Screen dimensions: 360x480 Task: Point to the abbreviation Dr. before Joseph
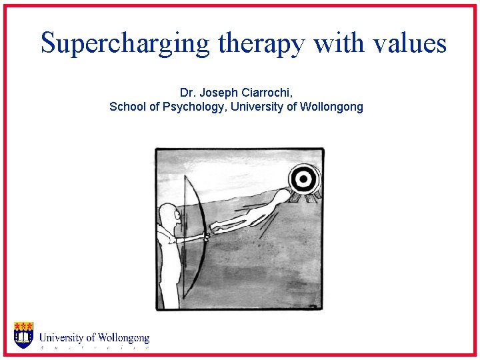click(x=187, y=92)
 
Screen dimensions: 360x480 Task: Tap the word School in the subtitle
click(x=127, y=107)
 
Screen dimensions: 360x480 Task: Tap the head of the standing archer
click(x=169, y=215)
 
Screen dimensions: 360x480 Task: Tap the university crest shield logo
click(x=23, y=335)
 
